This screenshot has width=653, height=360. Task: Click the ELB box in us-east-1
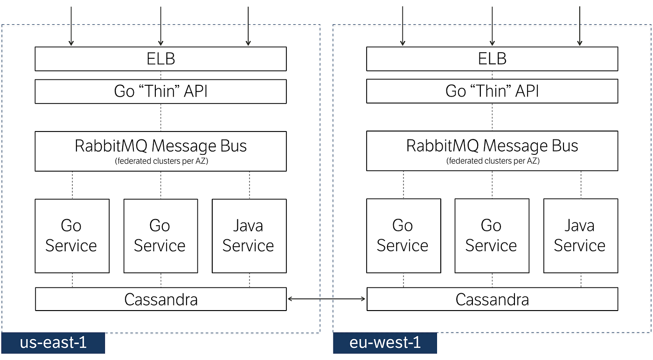160,59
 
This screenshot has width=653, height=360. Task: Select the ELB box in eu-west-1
492,59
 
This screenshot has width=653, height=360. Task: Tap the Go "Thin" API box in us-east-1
160,91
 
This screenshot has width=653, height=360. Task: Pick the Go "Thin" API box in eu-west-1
492,91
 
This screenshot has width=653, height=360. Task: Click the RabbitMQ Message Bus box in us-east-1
160,151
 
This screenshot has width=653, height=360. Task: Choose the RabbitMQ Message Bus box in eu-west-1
492,151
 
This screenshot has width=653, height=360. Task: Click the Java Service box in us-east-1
249,236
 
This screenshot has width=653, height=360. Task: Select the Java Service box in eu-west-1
581,236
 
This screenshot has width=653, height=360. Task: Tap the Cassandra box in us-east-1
161,299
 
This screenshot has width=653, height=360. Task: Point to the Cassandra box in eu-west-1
493,299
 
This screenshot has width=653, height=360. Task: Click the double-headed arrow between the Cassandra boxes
326,299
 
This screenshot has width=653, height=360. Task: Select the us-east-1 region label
53,343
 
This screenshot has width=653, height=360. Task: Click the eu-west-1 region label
385,343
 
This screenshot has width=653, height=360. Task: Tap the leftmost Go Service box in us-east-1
72,236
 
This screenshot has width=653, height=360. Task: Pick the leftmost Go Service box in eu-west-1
403,236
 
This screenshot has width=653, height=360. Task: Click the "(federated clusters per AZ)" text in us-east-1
161,161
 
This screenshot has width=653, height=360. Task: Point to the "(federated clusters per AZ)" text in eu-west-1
493,161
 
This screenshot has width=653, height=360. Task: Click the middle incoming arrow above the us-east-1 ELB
160,26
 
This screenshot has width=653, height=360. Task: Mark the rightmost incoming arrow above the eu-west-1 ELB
579,26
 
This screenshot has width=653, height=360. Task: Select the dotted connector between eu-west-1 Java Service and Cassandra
581,280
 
